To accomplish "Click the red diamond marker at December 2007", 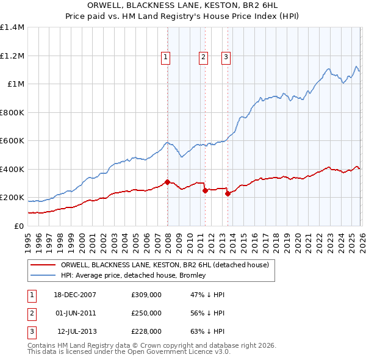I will (167, 182).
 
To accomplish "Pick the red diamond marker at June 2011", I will (205, 190).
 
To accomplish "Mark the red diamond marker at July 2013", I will (228, 193).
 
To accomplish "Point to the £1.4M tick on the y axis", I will (12, 27).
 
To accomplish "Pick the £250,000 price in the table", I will (146, 313).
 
